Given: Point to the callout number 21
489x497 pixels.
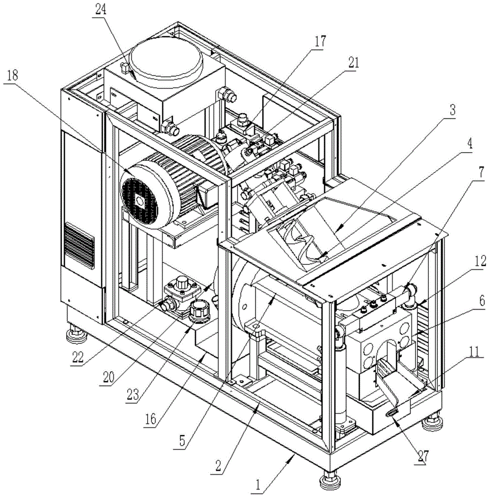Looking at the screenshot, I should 354,64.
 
